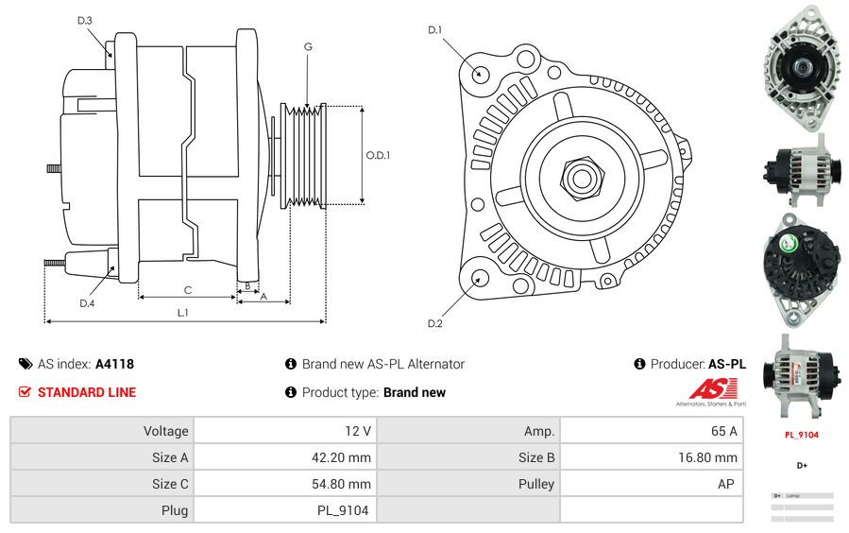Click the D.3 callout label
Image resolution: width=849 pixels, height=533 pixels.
(85, 20)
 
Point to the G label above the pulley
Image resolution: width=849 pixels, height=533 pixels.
(308, 46)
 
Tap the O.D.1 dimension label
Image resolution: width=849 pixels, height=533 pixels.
(378, 155)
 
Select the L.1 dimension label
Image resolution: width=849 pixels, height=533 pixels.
(182, 312)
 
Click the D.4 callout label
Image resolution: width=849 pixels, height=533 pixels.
(87, 303)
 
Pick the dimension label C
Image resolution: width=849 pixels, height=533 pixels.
(188, 290)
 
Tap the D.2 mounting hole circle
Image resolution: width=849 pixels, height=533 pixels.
(479, 278)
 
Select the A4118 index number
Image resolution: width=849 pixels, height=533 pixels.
(114, 364)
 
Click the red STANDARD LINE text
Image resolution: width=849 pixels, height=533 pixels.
(87, 392)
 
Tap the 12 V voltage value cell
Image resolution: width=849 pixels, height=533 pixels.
(358, 431)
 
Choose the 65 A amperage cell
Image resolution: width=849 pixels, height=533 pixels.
(724, 431)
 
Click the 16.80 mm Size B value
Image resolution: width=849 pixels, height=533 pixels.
(712, 457)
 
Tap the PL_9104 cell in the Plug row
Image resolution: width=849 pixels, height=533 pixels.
(342, 510)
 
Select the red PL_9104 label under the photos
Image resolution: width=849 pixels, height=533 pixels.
(801, 435)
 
